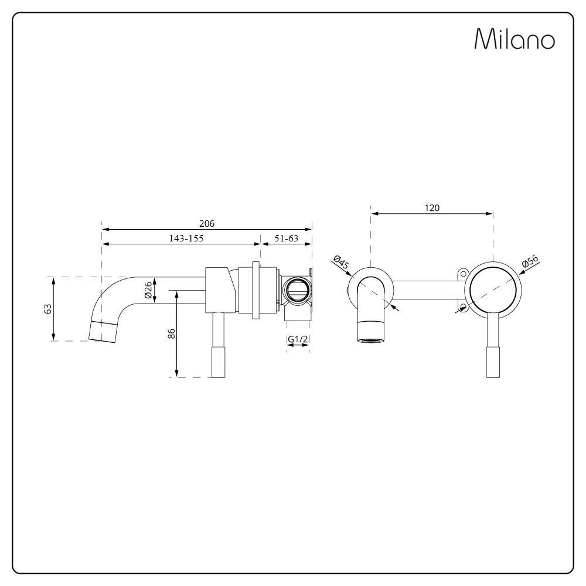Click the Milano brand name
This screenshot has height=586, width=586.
point(515,39)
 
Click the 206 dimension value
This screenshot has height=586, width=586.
point(207,223)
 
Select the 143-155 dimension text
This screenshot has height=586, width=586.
point(186,238)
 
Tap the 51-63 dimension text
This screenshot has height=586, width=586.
point(287,238)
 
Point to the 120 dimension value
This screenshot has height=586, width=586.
point(432,208)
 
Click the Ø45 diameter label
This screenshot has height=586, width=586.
point(341,263)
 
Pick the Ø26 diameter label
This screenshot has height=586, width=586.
point(148,289)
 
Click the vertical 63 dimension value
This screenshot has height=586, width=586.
point(48,309)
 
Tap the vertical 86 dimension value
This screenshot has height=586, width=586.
point(172,333)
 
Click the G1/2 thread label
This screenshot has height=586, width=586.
point(298,339)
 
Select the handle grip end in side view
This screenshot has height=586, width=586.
point(218,362)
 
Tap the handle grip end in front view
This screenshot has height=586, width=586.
point(493,362)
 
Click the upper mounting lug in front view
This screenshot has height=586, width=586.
point(463,274)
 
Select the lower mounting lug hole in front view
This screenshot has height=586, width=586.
point(464,308)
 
